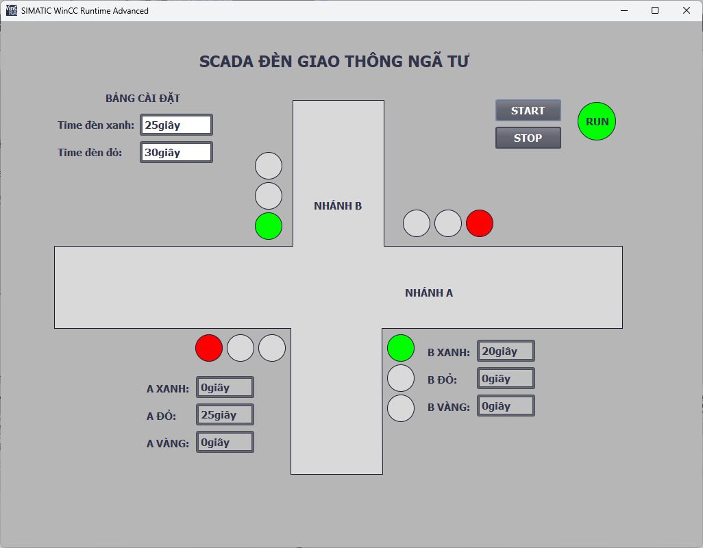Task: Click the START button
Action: click(x=528, y=110)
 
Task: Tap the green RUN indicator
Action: click(x=596, y=121)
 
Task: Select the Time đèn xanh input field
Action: click(x=176, y=125)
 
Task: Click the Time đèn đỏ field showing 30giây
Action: click(x=176, y=152)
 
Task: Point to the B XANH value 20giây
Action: click(x=506, y=351)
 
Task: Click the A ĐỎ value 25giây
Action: click(x=225, y=414)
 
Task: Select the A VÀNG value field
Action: click(x=225, y=442)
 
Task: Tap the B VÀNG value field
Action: click(x=506, y=406)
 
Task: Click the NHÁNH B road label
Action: click(x=338, y=206)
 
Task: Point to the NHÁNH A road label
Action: click(x=429, y=293)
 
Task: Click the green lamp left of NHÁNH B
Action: click(x=269, y=226)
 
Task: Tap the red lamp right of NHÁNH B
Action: click(x=480, y=223)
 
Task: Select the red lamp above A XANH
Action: click(x=209, y=348)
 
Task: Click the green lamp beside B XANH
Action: click(x=401, y=348)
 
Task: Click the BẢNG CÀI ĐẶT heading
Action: click(x=143, y=99)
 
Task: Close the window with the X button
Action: click(x=686, y=10)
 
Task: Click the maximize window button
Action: click(x=655, y=10)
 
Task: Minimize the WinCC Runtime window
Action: click(x=624, y=10)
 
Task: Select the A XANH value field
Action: click(x=225, y=387)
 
